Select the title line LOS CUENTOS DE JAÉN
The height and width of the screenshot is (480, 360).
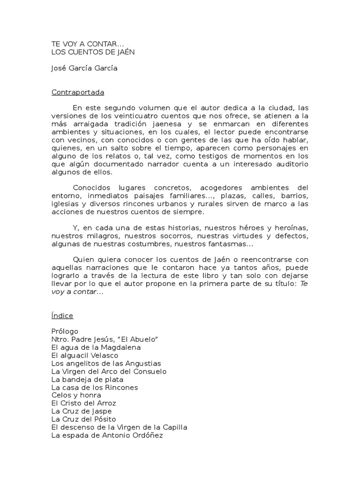[93, 52]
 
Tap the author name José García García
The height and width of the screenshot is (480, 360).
[84, 68]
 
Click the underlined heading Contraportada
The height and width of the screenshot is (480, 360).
[77, 92]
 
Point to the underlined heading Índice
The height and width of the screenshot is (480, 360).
[62, 315]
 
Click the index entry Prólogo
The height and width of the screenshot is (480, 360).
[65, 331]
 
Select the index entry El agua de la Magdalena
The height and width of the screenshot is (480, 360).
[96, 347]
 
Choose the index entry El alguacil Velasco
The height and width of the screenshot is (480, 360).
[84, 355]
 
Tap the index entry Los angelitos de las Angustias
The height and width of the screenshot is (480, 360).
[106, 363]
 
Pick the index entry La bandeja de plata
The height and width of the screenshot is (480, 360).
[87, 379]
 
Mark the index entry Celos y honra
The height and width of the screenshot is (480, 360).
[76, 395]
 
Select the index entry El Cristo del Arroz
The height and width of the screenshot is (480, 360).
[83, 403]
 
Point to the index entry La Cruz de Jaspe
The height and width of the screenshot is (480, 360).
[82, 411]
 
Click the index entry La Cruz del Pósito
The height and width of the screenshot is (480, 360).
[83, 419]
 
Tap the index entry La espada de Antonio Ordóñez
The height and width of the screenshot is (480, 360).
[107, 435]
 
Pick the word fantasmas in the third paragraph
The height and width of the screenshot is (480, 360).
[232, 244]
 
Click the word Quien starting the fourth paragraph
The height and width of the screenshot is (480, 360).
[83, 260]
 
